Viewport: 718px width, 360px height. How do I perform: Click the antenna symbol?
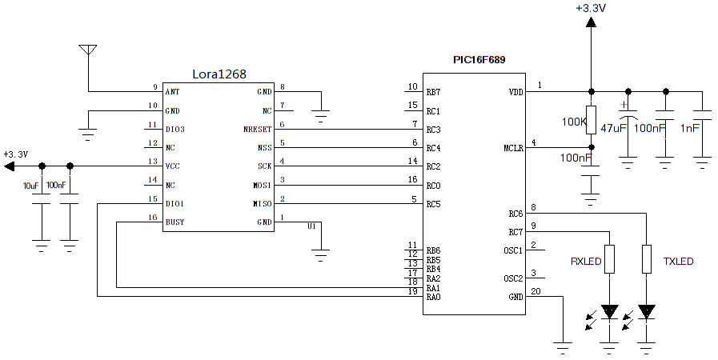point(87,50)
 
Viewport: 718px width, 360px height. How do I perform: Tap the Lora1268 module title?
point(219,74)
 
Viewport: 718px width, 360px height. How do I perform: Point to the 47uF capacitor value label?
point(614,128)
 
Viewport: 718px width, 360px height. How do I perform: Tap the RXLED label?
point(585,262)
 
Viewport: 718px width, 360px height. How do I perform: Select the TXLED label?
point(678,262)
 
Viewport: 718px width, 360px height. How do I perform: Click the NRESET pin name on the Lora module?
point(258,129)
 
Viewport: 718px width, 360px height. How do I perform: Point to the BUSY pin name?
point(174,222)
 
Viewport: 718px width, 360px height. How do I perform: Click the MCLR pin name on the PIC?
point(513,148)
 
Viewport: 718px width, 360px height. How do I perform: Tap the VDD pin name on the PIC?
point(515,92)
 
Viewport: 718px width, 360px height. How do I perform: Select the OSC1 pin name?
point(513,250)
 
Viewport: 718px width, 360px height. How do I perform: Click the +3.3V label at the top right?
point(591,8)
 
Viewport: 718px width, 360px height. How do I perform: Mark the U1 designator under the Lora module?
point(312,226)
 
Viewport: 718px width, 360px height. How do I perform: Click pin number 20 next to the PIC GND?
point(535,291)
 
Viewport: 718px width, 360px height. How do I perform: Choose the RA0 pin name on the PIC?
point(433,298)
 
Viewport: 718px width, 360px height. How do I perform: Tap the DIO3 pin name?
point(174,129)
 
